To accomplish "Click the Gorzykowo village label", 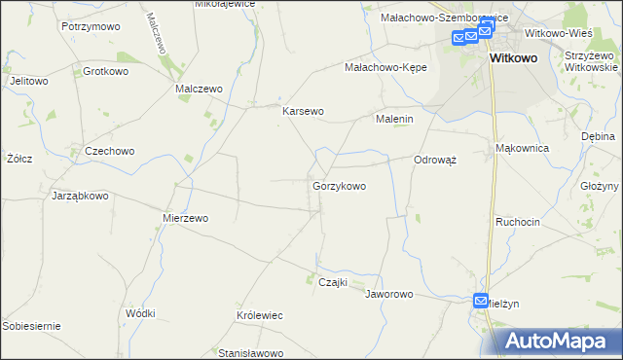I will pos(339,185).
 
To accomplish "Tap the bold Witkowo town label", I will pos(508,58).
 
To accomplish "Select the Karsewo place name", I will pos(303,111).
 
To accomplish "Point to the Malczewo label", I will pos(199,89).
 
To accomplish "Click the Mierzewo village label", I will pos(185,218).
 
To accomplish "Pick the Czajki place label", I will pos(335,281).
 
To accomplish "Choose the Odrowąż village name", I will pos(435,160).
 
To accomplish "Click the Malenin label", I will pos(395,119).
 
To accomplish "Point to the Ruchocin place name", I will pos(517,222).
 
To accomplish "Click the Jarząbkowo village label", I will pos(79,196).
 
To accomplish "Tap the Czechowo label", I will pos(109,151).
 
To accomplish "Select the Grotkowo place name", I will pos(106,71).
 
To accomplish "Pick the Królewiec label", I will pos(259,316).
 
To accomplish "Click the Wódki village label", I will pos(140,313).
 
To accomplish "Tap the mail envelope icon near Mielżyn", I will pos(481,302).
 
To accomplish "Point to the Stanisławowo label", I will pos(249,352).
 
